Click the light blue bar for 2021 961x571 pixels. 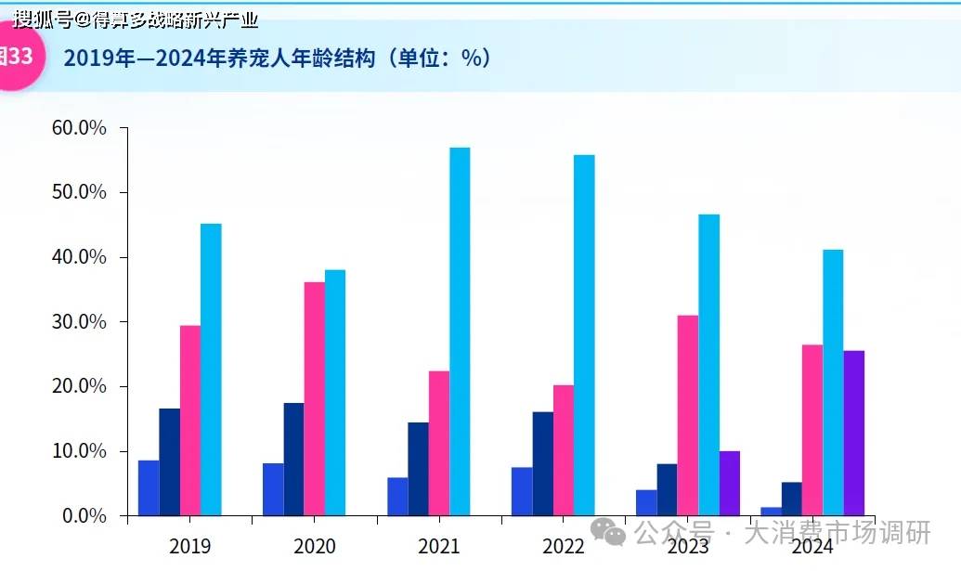460,331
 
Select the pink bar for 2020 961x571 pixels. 315,398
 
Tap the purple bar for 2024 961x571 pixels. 854,433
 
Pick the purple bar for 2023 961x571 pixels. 730,483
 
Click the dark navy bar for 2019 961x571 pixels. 169,461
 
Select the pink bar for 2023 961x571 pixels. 688,415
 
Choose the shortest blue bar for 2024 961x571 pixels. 771,511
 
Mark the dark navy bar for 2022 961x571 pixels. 543,463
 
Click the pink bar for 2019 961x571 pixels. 189,420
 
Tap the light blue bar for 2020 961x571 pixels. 335,393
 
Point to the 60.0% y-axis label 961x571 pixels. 79,127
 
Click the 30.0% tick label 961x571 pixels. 79,322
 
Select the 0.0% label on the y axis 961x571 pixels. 84,516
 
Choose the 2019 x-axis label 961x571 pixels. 189,545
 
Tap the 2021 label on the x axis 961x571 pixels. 439,545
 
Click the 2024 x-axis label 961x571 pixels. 812,545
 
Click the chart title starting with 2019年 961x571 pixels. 277,58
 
